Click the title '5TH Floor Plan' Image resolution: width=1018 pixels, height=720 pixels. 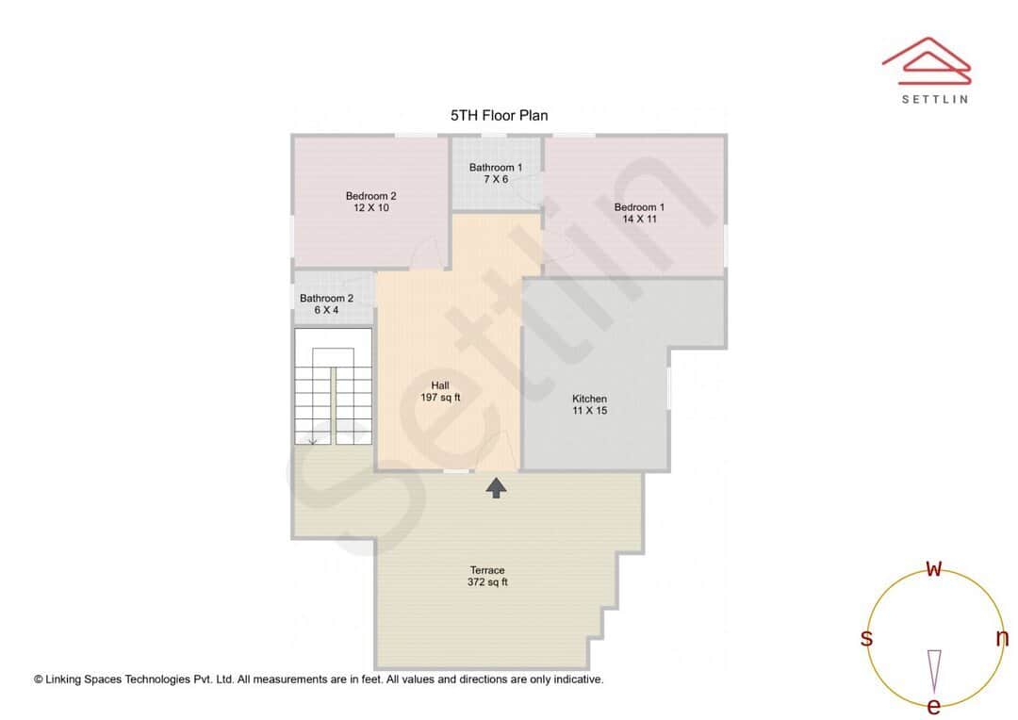click(499, 115)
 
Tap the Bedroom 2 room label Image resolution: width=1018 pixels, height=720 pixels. click(370, 196)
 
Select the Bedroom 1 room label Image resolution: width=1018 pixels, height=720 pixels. click(639, 207)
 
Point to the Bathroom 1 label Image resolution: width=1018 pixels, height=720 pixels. click(496, 168)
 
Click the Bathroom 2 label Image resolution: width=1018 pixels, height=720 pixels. click(326, 299)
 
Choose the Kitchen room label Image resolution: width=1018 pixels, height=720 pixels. click(589, 399)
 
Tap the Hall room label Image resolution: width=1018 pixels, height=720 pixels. click(440, 385)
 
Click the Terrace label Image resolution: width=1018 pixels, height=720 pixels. click(487, 570)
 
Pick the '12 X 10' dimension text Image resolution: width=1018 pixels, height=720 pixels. click(370, 208)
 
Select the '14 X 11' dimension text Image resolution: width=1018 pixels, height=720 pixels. click(639, 219)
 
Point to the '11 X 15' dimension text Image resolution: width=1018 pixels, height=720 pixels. click(589, 410)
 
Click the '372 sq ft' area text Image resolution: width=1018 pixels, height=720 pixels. click(487, 582)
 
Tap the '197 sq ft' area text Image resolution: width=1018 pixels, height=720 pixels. click(440, 398)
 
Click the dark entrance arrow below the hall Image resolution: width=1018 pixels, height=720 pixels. click(496, 487)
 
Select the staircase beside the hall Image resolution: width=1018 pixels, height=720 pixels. click(333, 386)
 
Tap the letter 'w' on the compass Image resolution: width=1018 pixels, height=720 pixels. click(934, 568)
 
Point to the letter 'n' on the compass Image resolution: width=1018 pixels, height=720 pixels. click(1002, 638)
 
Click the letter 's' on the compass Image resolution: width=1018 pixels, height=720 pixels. click(866, 638)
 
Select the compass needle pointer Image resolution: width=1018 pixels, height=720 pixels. click(934, 670)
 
